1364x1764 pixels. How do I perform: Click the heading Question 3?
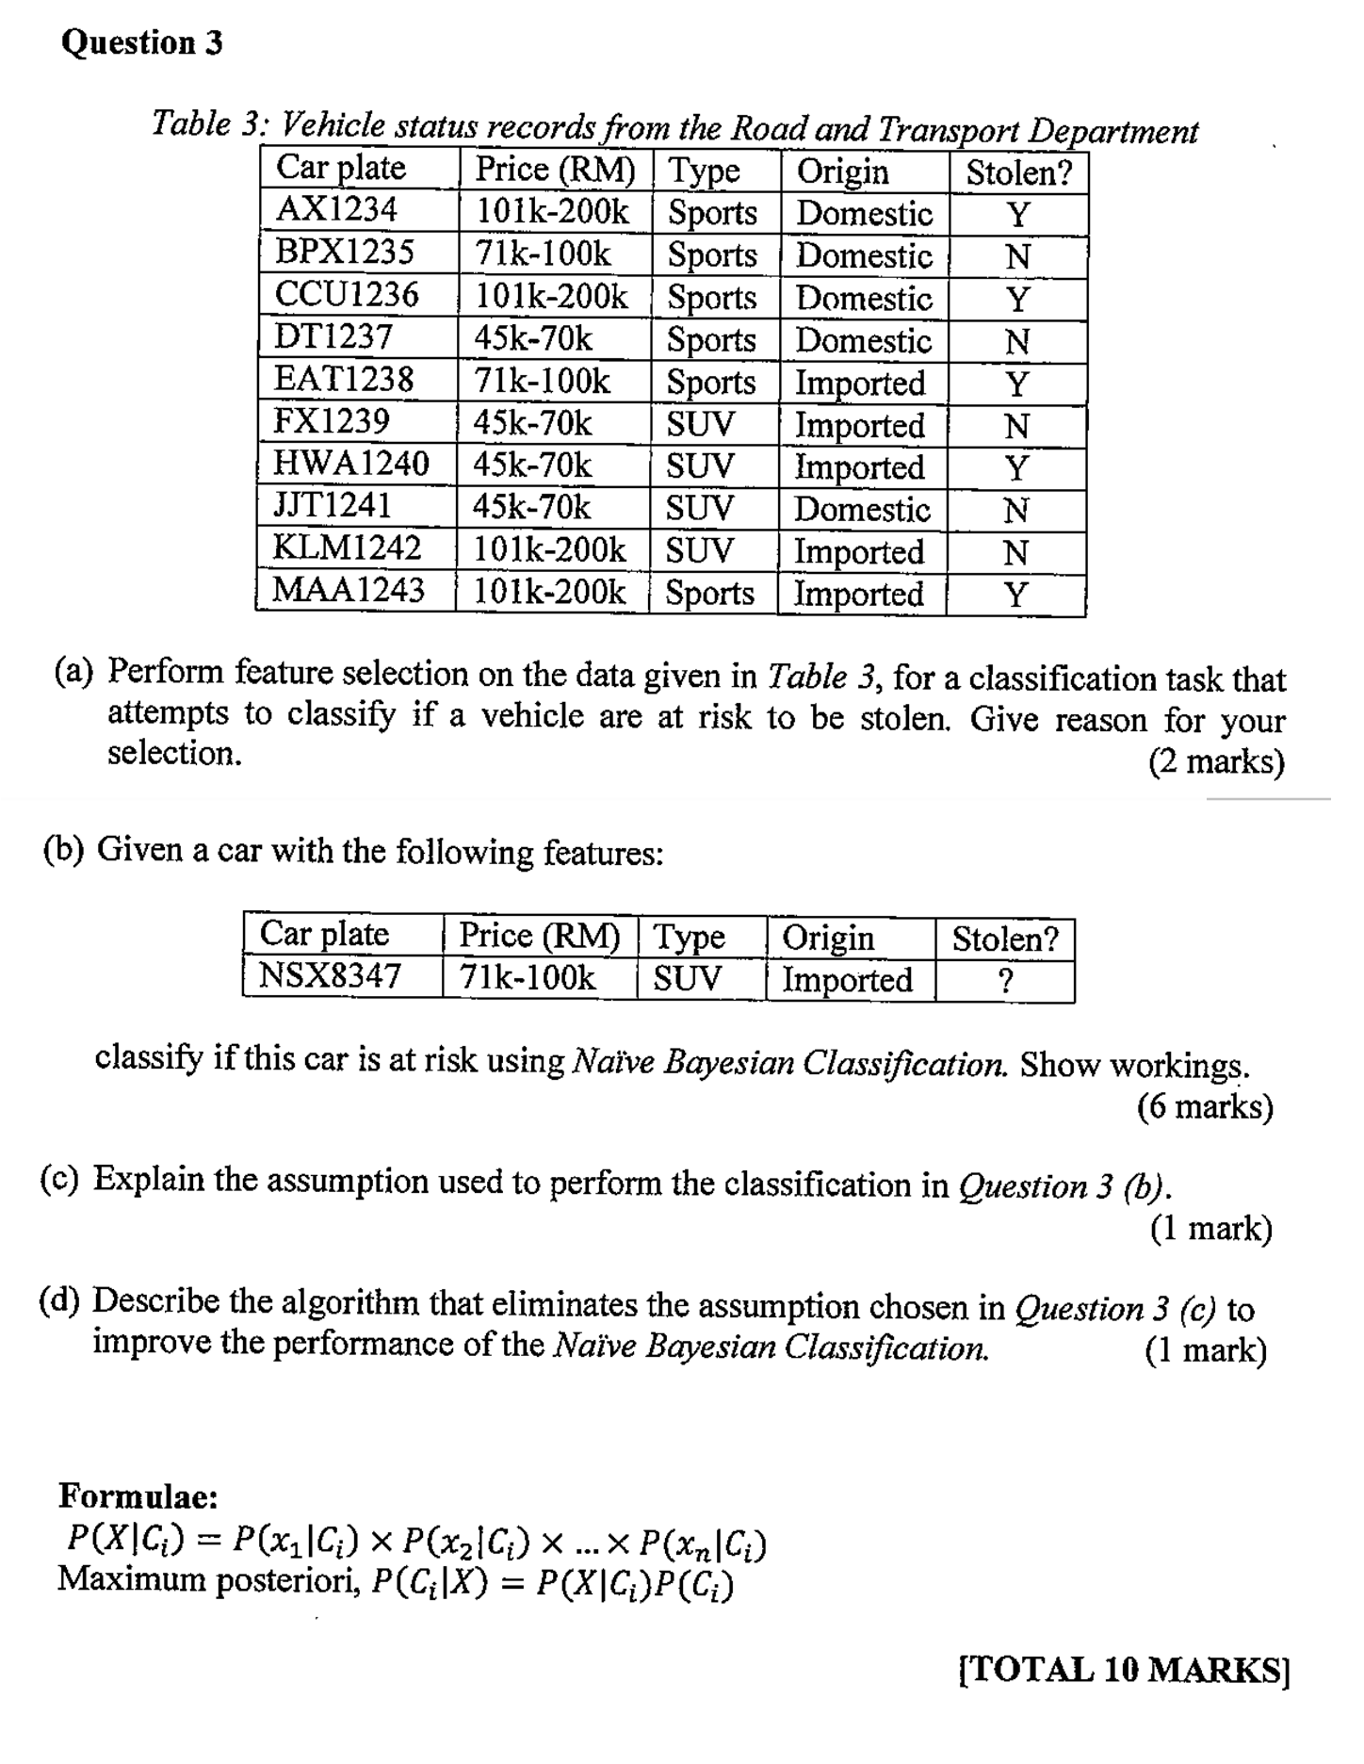142,43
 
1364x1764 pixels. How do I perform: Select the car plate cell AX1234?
336,209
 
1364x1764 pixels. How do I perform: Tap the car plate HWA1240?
350,464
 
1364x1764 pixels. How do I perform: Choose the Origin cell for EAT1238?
860,383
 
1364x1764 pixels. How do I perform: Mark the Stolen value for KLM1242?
1015,552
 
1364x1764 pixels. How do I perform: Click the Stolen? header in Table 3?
1019,173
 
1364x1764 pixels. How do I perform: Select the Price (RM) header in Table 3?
555,170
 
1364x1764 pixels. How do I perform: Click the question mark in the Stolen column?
1005,982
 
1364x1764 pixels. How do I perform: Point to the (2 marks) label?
1216,761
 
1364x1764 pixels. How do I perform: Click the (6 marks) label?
1205,1106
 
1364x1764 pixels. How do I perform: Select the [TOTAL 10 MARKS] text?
1124,1670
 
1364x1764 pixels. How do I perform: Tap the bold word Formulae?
138,1496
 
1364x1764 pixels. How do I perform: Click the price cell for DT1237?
533,338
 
